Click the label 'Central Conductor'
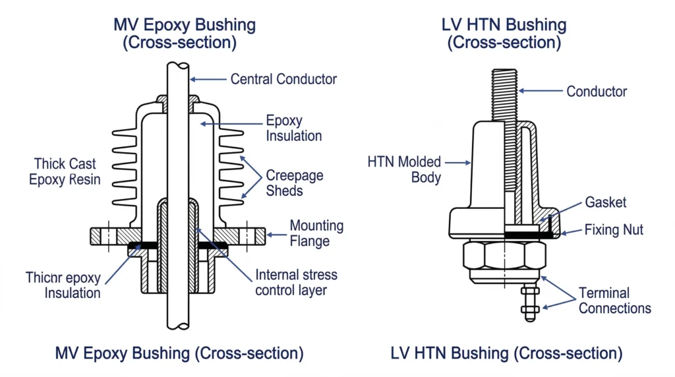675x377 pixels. point(283,79)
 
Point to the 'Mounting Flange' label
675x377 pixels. point(316,233)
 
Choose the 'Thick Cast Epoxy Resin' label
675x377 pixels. point(65,171)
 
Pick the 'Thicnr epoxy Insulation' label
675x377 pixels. point(63,284)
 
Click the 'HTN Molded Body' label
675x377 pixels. point(404,169)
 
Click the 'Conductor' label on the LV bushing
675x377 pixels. point(597,92)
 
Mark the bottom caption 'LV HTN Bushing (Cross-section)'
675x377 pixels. point(506,353)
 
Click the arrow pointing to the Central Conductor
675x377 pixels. point(208,79)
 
